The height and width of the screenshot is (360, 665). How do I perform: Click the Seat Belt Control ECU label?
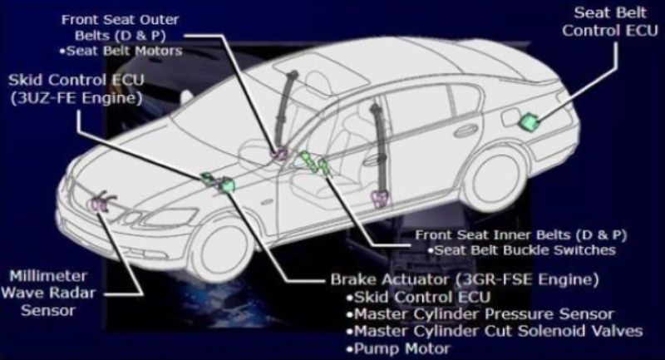(610, 22)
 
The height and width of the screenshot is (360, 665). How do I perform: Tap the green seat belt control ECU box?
(529, 121)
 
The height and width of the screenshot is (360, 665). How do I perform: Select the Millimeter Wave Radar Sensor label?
(48, 293)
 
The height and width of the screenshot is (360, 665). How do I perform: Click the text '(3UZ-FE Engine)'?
(76, 98)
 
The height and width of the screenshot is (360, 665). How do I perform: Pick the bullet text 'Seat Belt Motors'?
(121, 51)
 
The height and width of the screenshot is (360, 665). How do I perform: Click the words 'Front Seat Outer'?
(120, 19)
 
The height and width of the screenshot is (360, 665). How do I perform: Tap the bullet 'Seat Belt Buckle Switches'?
(521, 250)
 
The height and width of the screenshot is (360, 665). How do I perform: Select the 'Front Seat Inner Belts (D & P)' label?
(521, 234)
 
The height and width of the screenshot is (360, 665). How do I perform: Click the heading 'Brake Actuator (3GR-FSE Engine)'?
(465, 280)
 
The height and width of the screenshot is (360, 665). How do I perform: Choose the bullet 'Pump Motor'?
(398, 349)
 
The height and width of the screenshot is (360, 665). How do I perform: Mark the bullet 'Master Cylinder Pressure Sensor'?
(480, 314)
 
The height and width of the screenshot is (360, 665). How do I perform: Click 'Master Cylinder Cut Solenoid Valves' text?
(495, 331)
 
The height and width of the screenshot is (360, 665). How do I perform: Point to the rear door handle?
(466, 131)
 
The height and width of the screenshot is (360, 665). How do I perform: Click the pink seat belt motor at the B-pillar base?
(380, 199)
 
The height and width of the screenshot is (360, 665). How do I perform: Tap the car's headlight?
(170, 217)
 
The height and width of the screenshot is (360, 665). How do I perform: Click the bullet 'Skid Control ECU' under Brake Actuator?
(418, 298)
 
